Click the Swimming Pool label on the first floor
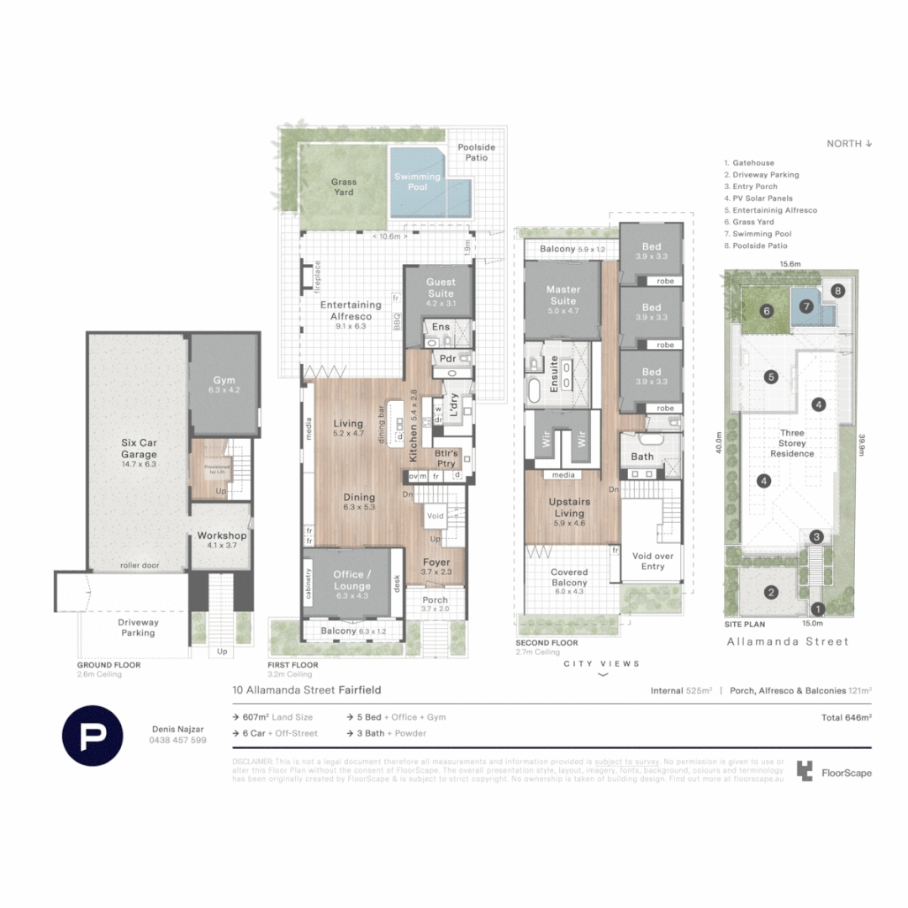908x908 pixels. pos(417,182)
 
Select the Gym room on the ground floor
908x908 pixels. pos(224,384)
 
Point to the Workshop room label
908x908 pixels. pos(221,540)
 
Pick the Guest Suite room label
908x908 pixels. pos(440,288)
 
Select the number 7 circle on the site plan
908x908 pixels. pos(806,307)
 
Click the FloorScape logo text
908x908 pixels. pos(847,773)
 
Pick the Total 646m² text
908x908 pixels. pos(846,718)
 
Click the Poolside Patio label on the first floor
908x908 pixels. pos(476,152)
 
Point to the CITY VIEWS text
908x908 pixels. pos(602,663)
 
